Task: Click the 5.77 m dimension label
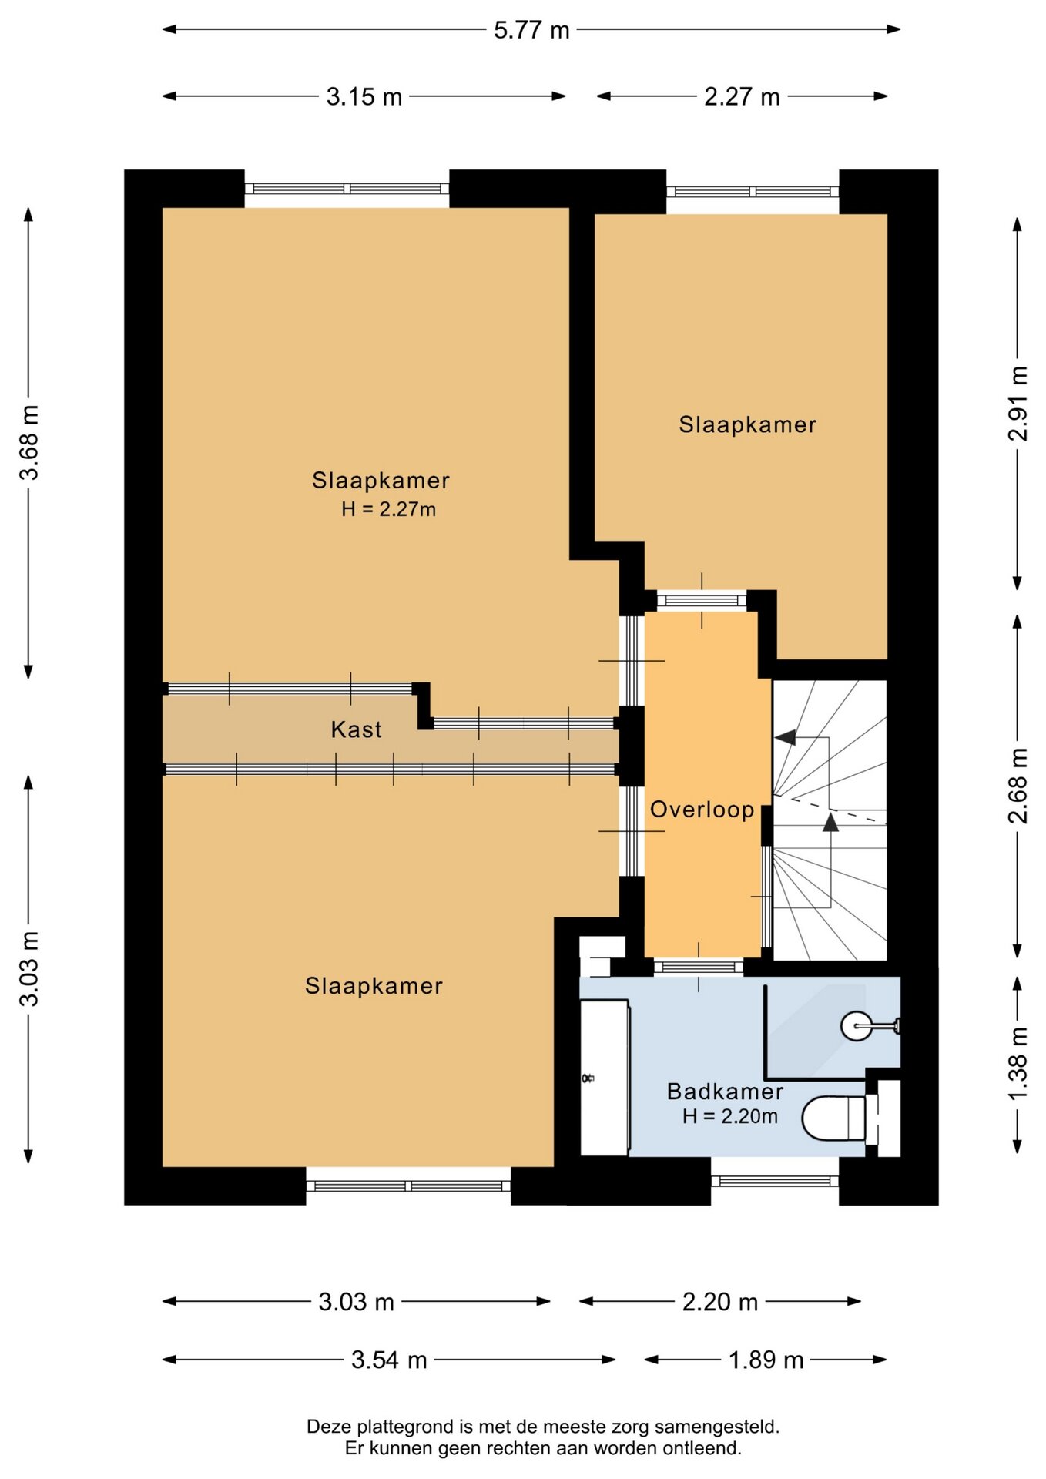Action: pos(531,30)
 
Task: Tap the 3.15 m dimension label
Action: pos(364,97)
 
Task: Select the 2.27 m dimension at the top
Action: pos(742,97)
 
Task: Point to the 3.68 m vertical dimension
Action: pos(28,442)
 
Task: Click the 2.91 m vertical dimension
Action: pos(1018,403)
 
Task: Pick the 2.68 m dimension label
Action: pos(1018,786)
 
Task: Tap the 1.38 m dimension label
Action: pos(1018,1065)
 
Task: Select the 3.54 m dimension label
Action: pos(389,1360)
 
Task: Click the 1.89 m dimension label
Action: pos(766,1360)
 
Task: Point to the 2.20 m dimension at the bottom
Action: pos(720,1302)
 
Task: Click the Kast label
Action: pos(356,729)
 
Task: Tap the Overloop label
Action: pos(702,810)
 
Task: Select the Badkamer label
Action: pos(725,1092)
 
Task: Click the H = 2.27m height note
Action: pos(389,509)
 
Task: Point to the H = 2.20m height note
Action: pos(730,1116)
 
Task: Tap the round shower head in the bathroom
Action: pos(856,1026)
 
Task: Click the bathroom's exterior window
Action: pos(775,1181)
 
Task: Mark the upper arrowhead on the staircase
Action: pos(786,737)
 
